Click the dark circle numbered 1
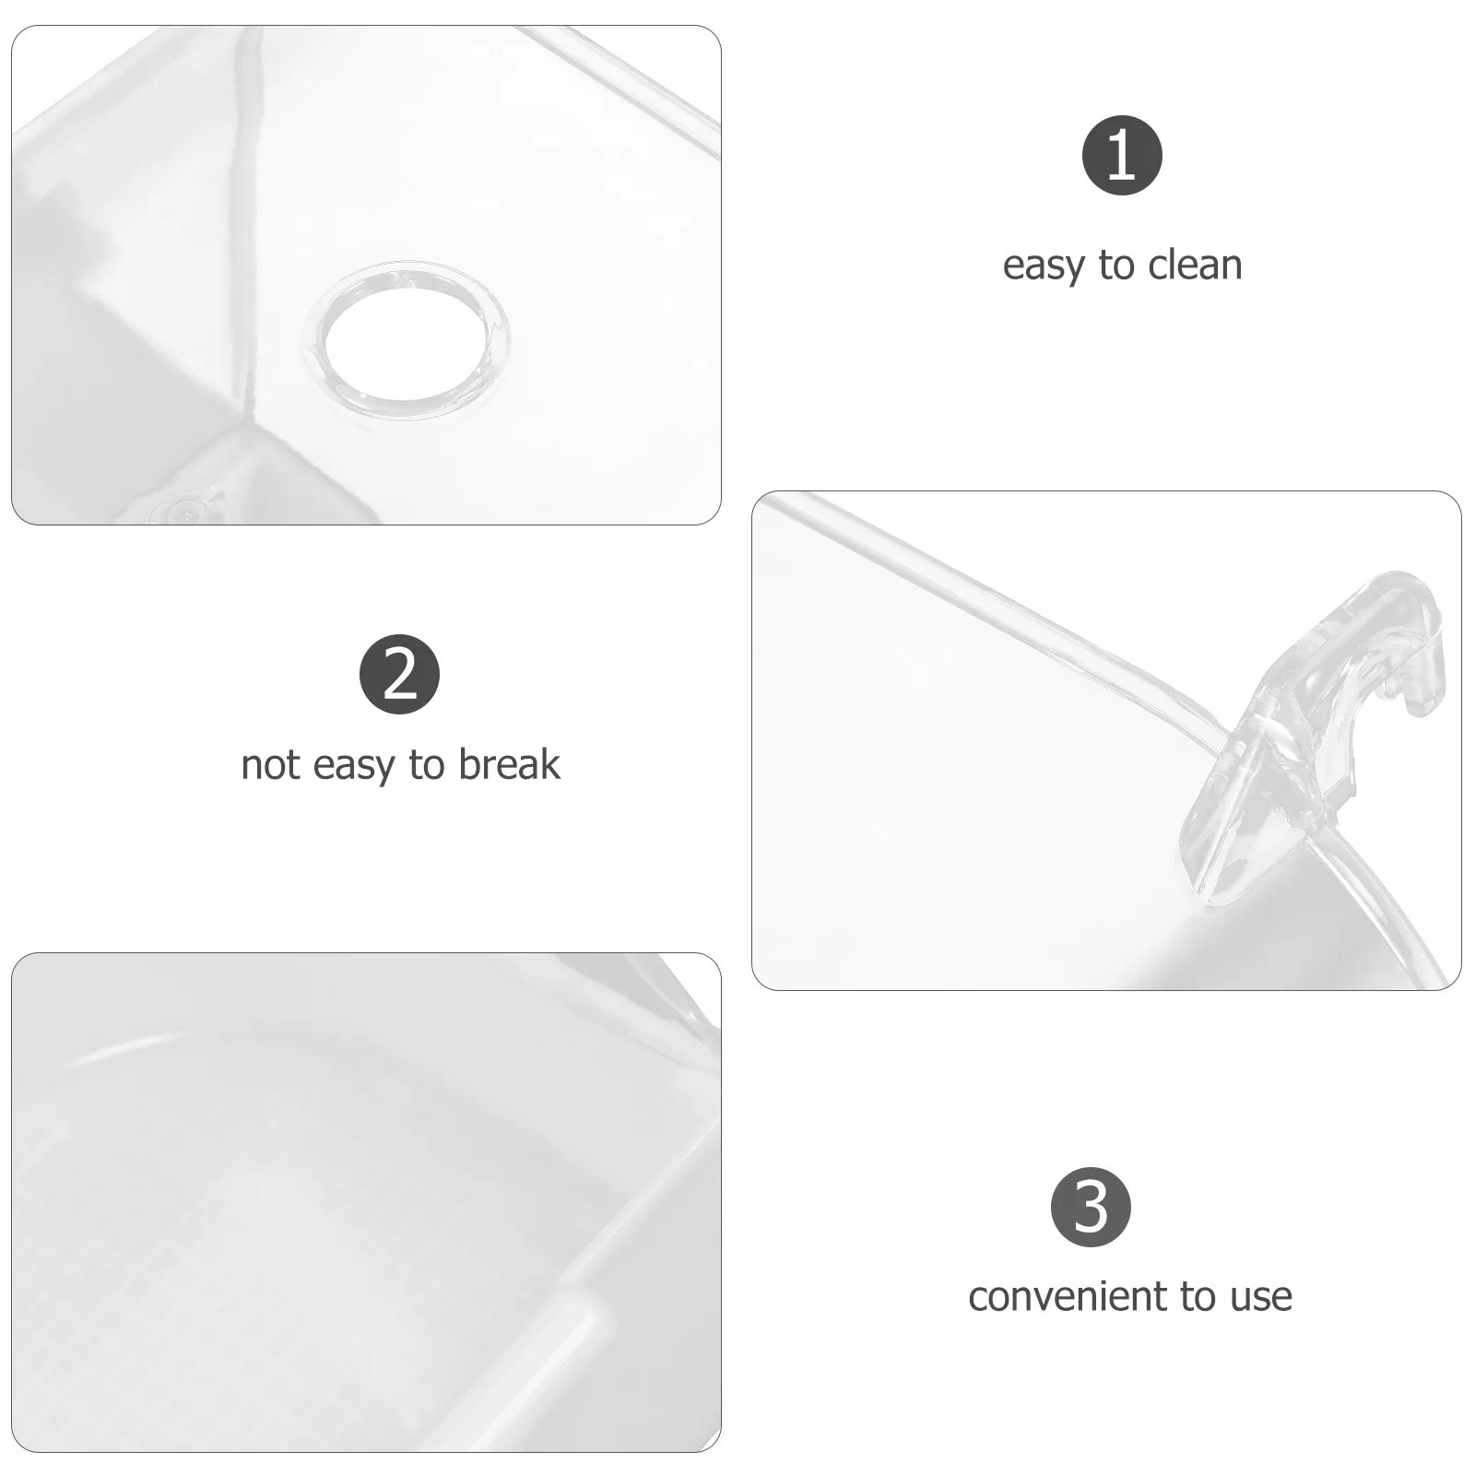point(1121,155)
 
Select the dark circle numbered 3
point(1091,1207)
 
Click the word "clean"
point(1197,265)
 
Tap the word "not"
point(270,765)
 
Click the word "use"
point(1261,1298)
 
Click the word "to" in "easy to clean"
point(1117,265)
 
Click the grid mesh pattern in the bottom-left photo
point(230,1245)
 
